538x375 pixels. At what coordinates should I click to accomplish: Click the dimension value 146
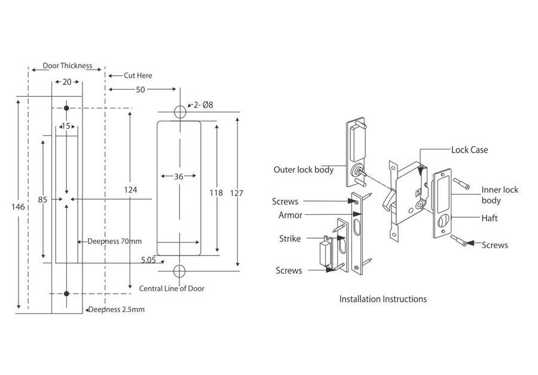click(x=18, y=207)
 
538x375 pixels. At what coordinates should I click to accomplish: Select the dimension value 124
click(x=131, y=190)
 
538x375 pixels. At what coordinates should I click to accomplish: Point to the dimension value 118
click(x=216, y=193)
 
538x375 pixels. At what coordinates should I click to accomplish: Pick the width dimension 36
click(x=178, y=176)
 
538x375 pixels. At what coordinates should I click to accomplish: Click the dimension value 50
click(x=140, y=89)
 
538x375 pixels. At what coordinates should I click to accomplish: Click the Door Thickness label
click(x=67, y=66)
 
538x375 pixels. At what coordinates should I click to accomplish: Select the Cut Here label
click(x=137, y=75)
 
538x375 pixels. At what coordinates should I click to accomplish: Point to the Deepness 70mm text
click(x=114, y=242)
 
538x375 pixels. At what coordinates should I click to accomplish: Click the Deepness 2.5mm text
click(x=117, y=310)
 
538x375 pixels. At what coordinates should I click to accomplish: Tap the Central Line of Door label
click(x=172, y=288)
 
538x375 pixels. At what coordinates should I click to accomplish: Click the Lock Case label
click(x=469, y=150)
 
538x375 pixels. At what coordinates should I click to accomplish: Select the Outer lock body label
click(x=304, y=169)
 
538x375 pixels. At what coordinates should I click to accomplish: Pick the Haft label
click(x=490, y=218)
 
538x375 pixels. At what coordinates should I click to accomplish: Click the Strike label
click(x=290, y=239)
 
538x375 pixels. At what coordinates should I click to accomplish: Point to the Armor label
click(x=291, y=215)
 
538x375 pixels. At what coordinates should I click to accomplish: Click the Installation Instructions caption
click(x=383, y=298)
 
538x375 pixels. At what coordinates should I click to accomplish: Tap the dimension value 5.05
click(x=148, y=260)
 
